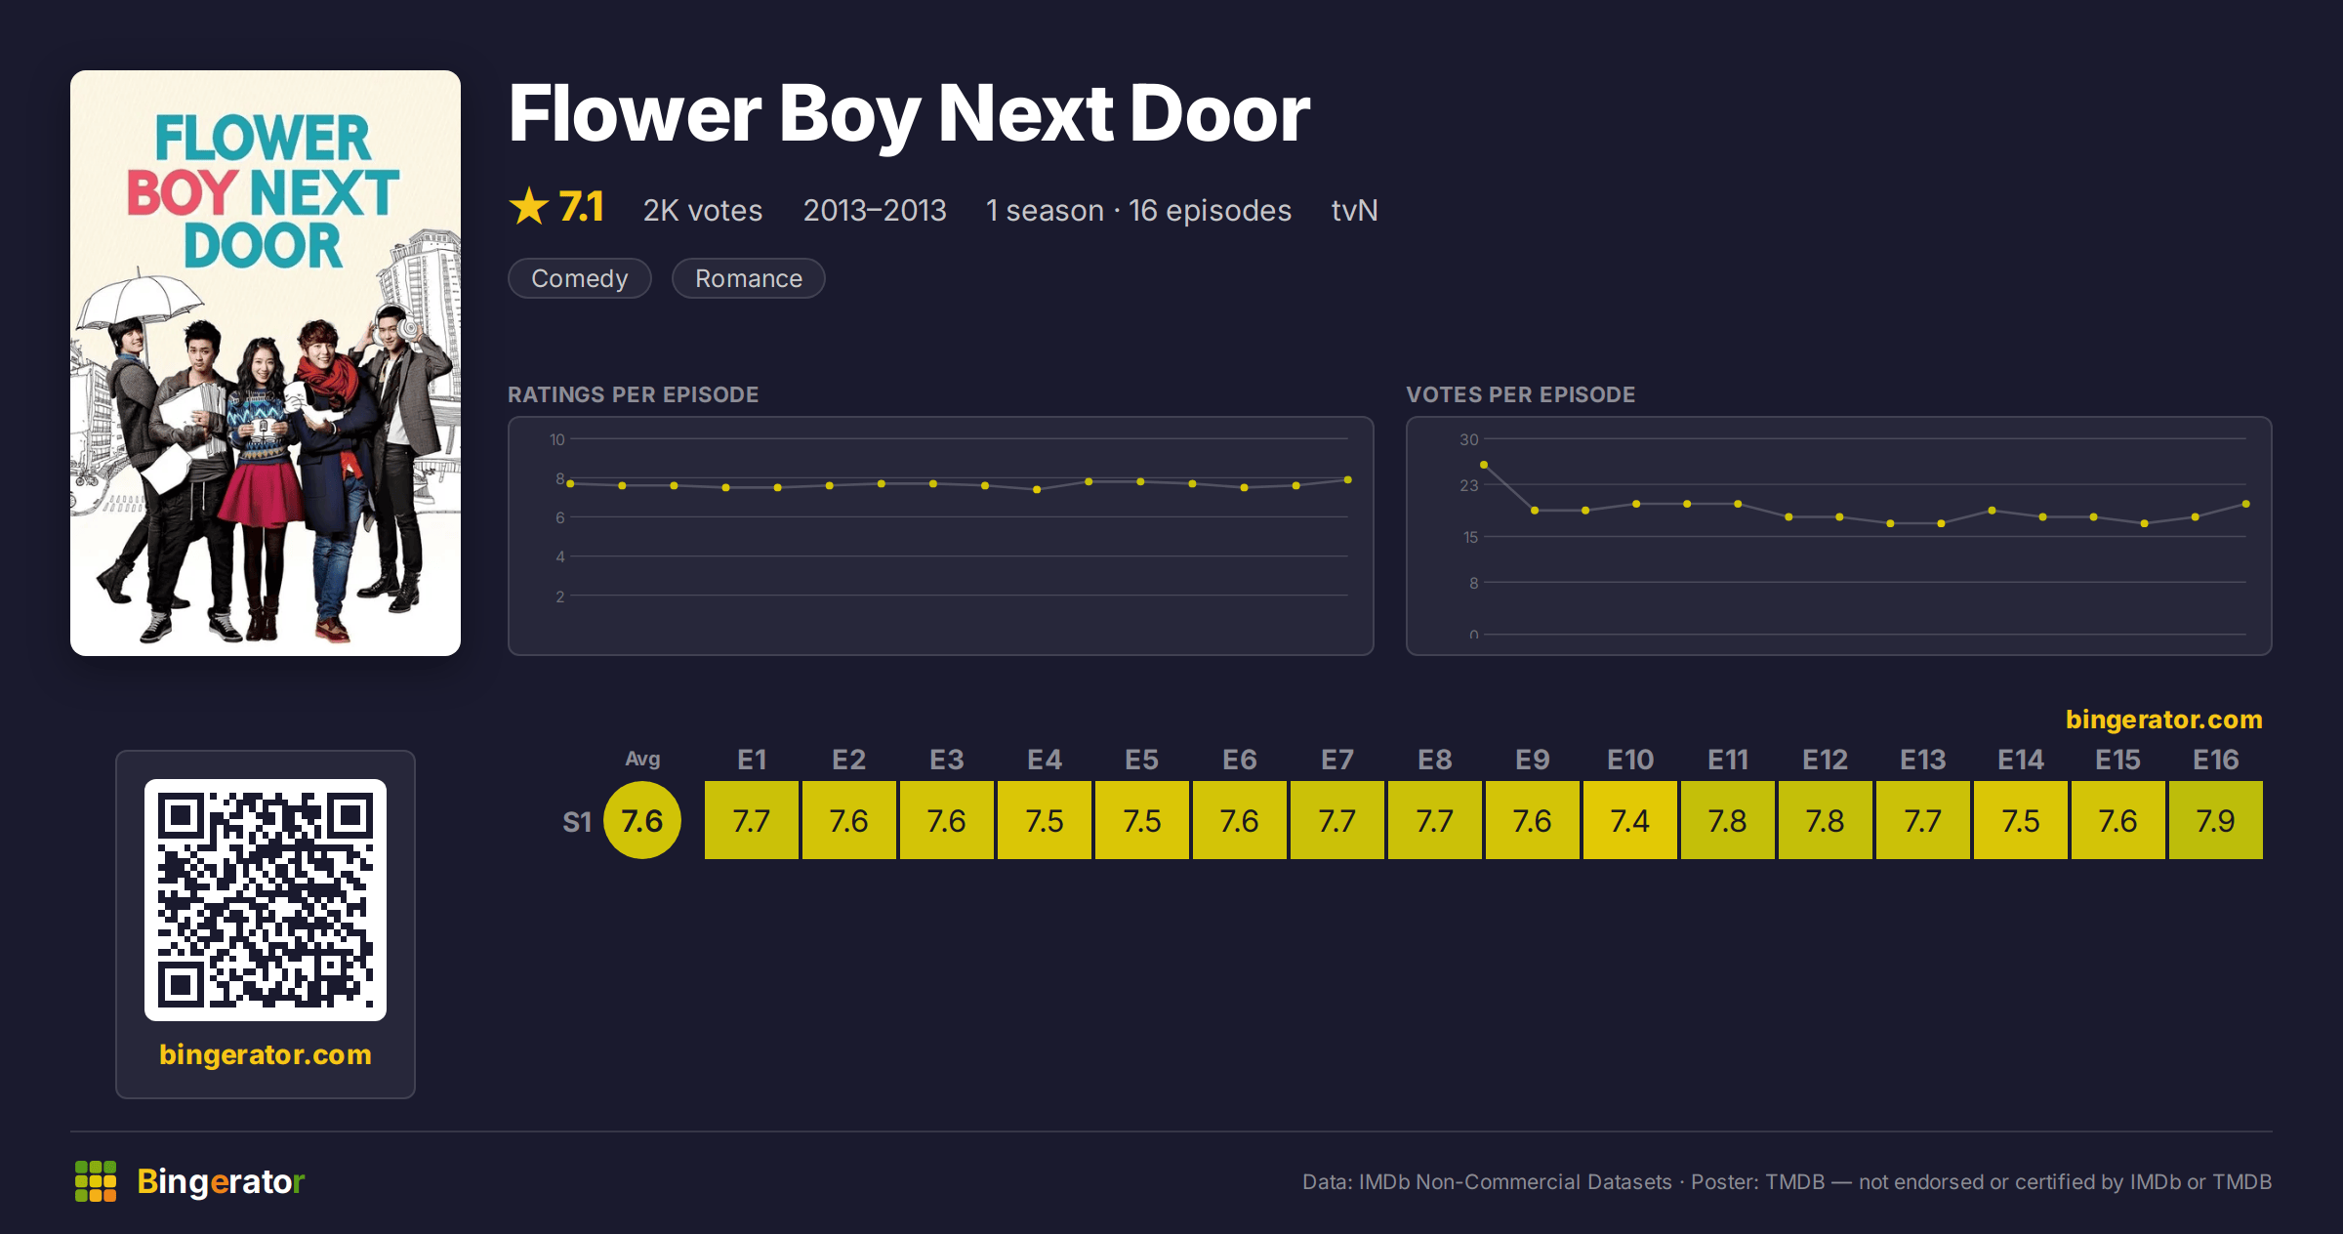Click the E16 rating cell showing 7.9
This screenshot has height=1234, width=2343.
click(2216, 820)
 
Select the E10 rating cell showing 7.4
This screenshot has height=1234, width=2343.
click(1630, 820)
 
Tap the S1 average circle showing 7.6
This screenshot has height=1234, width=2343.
click(642, 820)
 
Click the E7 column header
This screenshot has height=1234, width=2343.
click(1337, 760)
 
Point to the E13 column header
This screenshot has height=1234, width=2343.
click(1923, 760)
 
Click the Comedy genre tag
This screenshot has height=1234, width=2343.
click(580, 278)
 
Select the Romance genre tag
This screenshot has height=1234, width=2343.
click(749, 278)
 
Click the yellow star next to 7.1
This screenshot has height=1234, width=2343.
click(529, 207)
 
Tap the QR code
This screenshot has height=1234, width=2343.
click(266, 900)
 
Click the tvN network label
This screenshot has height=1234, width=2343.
click(1354, 210)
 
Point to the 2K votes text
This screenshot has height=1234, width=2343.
click(703, 210)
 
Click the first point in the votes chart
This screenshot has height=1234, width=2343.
click(1484, 465)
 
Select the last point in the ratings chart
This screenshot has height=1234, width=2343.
click(1348, 479)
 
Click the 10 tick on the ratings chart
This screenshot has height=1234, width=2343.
click(557, 439)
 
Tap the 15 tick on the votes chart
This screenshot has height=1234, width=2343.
click(1470, 537)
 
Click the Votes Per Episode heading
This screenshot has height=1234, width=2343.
click(1520, 394)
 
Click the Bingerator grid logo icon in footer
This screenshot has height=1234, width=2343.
click(96, 1181)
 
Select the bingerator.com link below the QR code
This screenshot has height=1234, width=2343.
click(266, 1054)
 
